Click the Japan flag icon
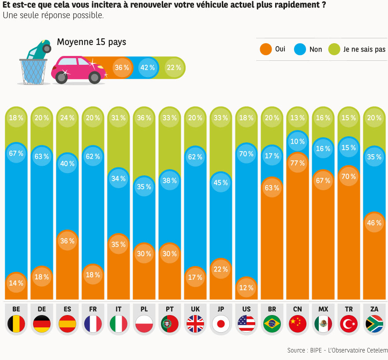tap(220, 324)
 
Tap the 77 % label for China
tap(297, 163)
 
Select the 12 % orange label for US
tap(246, 288)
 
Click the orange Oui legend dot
tap(265, 49)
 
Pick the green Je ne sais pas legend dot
tap(335, 49)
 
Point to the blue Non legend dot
tap(300, 49)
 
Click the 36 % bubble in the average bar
tap(122, 68)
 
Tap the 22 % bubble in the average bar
tap(173, 68)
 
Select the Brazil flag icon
tap(272, 324)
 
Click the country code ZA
tap(374, 309)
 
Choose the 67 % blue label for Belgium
tap(16, 153)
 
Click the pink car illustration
tap(79, 70)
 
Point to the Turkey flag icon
tap(348, 324)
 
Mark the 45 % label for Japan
tap(220, 183)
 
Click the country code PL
tap(144, 309)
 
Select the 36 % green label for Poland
tap(144, 118)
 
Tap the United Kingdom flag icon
tap(195, 324)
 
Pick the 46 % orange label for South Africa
tap(374, 223)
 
